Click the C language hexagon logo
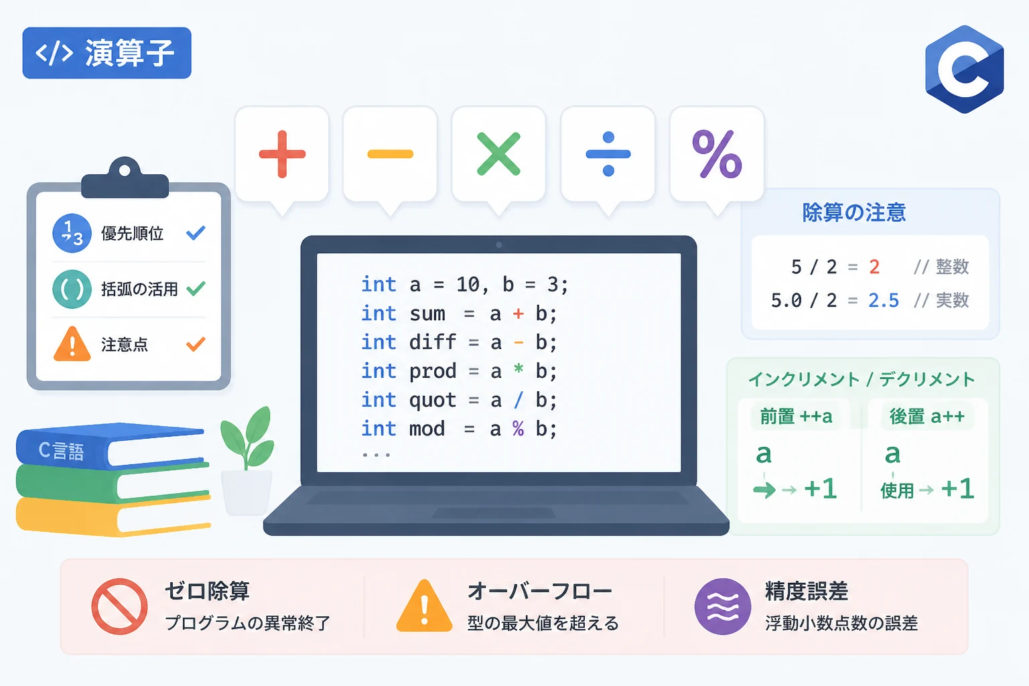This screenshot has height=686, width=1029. tap(964, 70)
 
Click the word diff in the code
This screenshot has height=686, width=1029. tap(432, 342)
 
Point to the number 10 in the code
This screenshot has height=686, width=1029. tap(468, 285)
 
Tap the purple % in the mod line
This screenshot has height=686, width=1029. tap(518, 429)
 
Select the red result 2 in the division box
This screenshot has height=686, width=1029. tap(874, 267)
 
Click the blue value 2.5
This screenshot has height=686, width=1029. tap(884, 301)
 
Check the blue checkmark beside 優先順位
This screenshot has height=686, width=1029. tap(196, 233)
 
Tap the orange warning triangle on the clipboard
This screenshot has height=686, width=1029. tap(72, 344)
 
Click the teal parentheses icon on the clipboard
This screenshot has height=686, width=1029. tap(72, 289)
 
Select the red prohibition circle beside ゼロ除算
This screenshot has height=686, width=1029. tap(119, 606)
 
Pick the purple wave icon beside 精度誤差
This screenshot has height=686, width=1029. tap(723, 606)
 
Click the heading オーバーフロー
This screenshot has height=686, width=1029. tap(540, 592)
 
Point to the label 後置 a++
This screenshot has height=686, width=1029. tap(927, 416)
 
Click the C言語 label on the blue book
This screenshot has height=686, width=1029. tap(61, 451)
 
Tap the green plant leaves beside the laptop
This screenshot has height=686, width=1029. tap(247, 437)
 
